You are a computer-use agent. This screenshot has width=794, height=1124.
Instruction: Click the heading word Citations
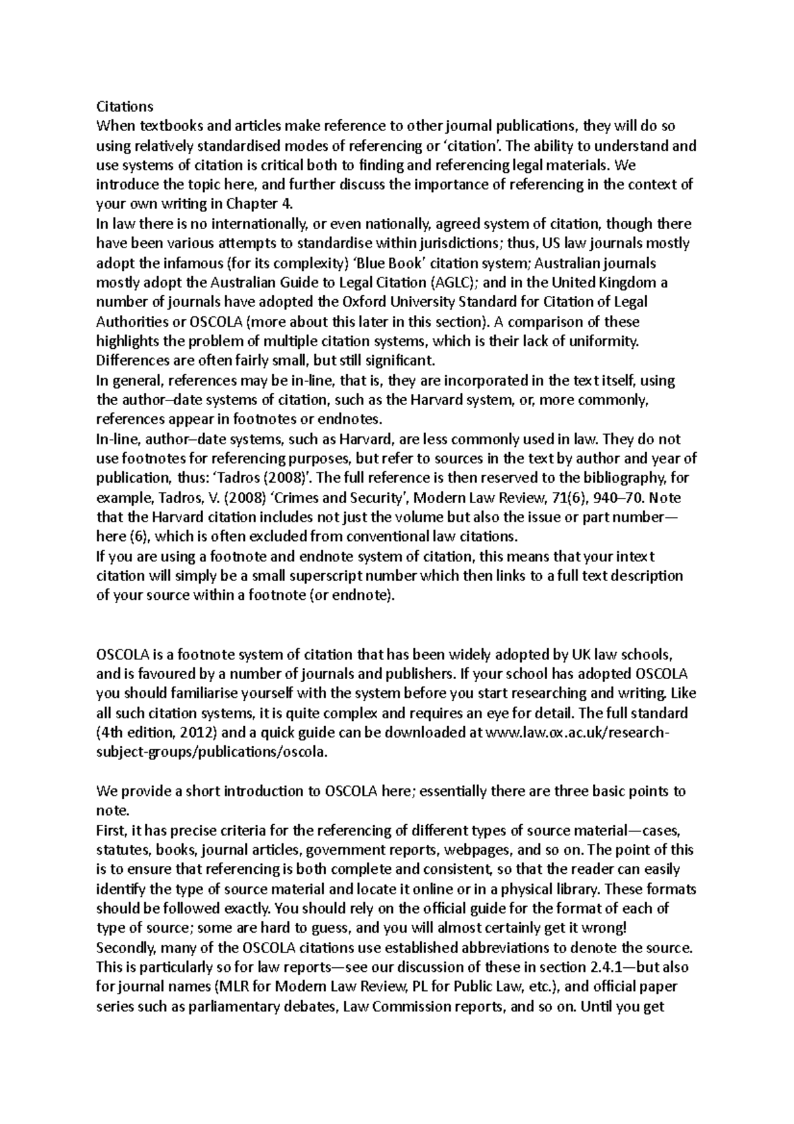click(124, 107)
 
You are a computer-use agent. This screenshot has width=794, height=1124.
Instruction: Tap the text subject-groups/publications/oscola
click(211, 753)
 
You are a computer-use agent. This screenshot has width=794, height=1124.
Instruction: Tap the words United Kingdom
click(605, 283)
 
